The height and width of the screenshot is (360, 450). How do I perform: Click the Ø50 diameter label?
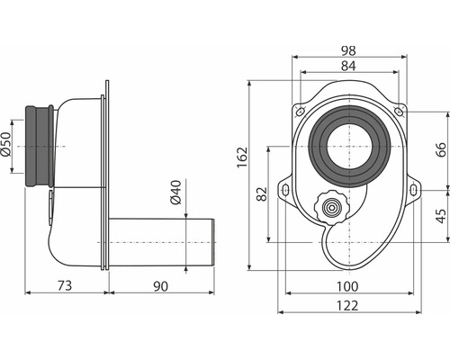(6, 144)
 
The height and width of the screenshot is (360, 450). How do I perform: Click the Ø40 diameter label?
(175, 192)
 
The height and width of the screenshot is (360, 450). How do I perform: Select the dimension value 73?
(65, 285)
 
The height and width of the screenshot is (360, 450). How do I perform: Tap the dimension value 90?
(160, 286)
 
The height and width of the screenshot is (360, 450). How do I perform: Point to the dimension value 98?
(348, 50)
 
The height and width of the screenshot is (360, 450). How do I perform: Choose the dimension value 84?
(348, 66)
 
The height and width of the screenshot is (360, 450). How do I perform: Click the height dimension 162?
(242, 157)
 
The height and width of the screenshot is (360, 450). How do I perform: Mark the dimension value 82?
(262, 193)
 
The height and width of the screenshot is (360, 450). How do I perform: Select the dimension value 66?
(440, 150)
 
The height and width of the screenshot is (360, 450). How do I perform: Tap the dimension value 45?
(441, 216)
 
